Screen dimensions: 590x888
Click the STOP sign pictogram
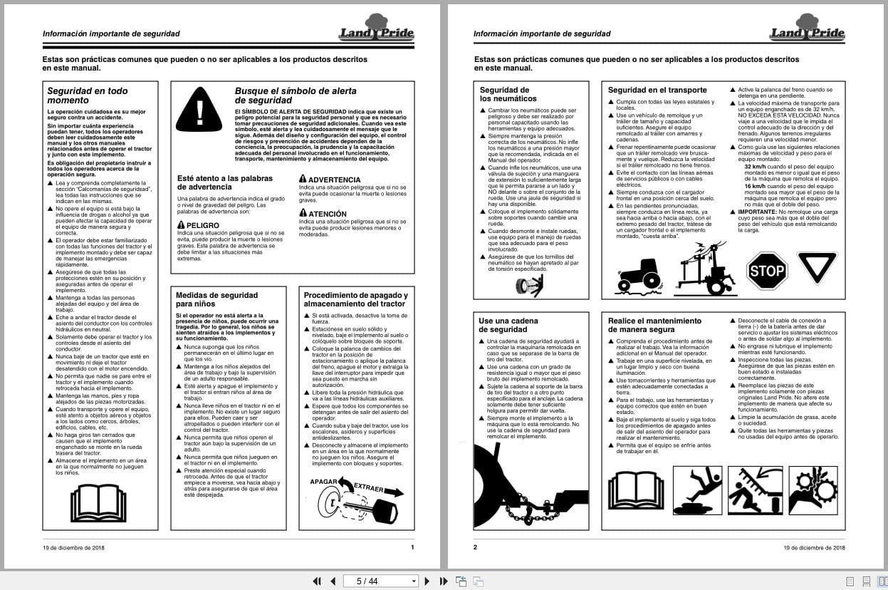coord(767,271)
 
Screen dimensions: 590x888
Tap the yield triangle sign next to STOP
coord(817,266)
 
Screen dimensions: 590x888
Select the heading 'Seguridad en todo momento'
coord(87,95)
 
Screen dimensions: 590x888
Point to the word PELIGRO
coord(202,225)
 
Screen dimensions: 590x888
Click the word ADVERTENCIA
coord(334,180)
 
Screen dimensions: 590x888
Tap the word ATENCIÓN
coord(327,214)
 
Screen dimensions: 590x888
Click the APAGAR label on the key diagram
coord(323,482)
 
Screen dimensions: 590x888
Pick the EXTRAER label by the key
coord(369,490)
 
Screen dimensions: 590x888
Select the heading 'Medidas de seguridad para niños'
coord(216,299)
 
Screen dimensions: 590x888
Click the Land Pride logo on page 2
coord(807,29)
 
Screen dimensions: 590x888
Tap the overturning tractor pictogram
coord(640,276)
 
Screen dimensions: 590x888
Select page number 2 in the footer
coord(475,547)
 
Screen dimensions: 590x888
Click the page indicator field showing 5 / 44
coord(380,581)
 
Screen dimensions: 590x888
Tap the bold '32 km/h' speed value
coord(747,166)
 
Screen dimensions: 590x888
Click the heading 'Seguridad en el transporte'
coord(657,90)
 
